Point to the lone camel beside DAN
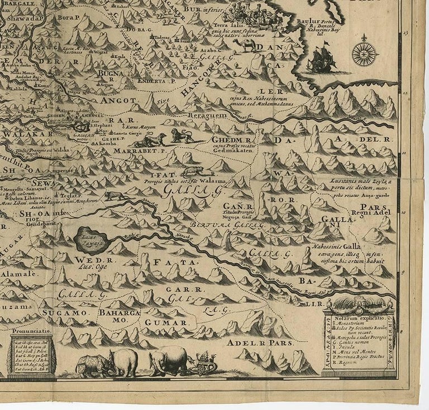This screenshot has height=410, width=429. point(246,45)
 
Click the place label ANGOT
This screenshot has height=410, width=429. point(118,100)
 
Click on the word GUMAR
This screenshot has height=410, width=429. point(166,323)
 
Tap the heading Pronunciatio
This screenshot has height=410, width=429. point(32,331)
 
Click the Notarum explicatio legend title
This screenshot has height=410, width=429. point(359,318)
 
